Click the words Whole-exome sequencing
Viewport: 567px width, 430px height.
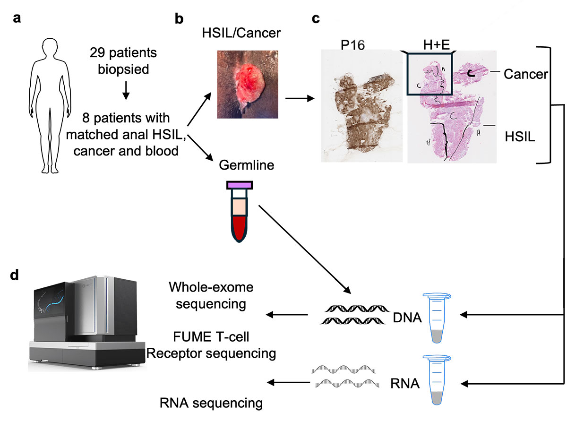click(207, 295)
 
